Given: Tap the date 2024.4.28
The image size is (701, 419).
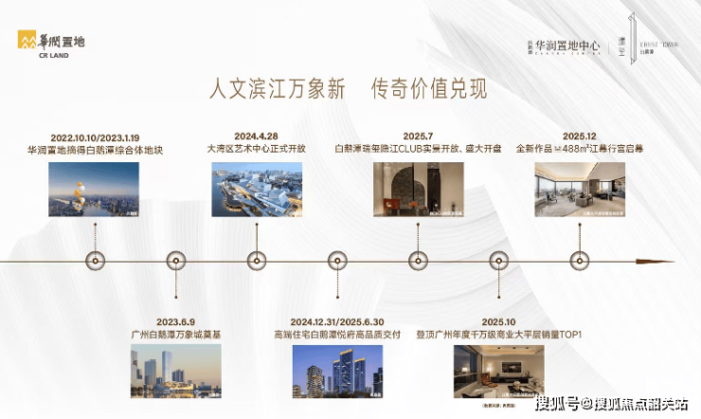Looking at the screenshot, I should point(257,136).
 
